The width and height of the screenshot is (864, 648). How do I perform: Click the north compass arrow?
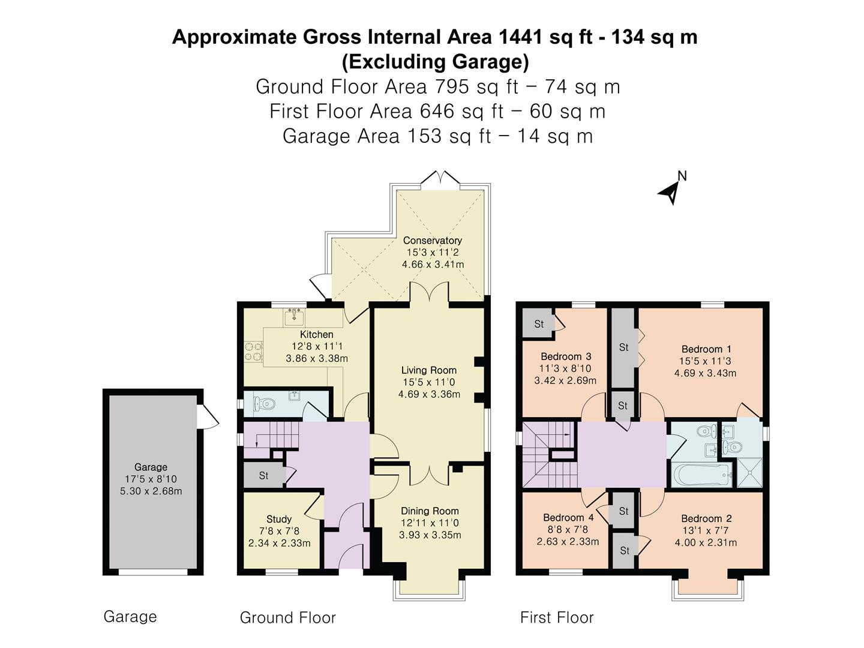click(670, 191)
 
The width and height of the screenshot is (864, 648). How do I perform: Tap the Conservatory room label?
click(432, 241)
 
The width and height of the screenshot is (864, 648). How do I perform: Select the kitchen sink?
click(294, 316)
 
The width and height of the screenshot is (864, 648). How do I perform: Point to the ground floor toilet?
click(263, 404)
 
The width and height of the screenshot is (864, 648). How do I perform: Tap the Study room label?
click(279, 519)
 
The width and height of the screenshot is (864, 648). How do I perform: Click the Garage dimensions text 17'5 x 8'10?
click(151, 479)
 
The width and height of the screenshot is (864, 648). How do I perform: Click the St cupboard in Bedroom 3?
click(539, 324)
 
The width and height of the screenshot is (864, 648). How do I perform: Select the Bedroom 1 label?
click(706, 349)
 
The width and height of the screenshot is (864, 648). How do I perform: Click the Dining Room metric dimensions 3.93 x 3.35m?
click(430, 535)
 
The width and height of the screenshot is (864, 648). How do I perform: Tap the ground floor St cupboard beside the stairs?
click(263, 476)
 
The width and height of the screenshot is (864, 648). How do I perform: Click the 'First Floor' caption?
click(556, 617)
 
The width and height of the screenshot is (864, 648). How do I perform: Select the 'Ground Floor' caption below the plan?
click(287, 617)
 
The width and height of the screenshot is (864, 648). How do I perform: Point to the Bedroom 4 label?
click(568, 518)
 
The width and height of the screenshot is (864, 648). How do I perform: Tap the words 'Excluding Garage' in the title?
click(435, 62)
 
